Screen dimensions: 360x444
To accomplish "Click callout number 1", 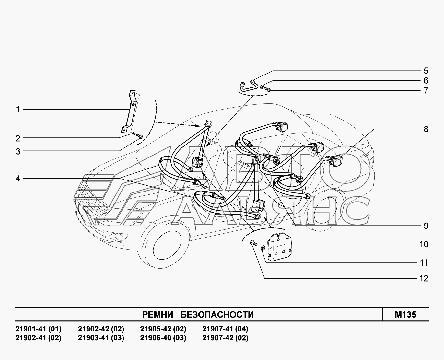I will pos(18,110).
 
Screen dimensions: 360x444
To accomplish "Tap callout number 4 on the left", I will pos(18,179).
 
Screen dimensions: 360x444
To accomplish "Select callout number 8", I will pos(426,129).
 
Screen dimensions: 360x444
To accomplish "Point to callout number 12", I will pos(424,279).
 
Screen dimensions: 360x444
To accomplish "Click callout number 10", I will pos(424,244).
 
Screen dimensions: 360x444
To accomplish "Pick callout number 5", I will pos(426,71).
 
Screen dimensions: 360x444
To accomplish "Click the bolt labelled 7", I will pos(268,89).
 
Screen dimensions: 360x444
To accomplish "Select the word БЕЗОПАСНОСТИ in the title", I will pos(217,315).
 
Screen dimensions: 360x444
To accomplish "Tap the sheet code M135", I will pos(405,314).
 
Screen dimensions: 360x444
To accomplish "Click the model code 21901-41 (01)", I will pos(38,329).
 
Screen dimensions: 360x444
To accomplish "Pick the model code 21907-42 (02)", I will pos(225,338).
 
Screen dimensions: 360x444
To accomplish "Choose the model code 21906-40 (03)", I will pos(163,338).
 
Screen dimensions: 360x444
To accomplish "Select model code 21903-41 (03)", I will pos(101,338).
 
